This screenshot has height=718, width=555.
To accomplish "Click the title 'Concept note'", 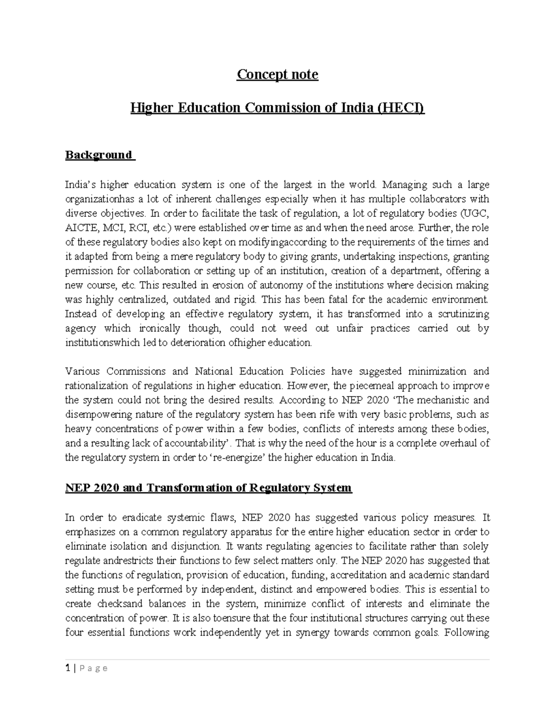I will [x=277, y=74].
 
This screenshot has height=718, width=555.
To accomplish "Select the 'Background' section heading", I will [x=99, y=155].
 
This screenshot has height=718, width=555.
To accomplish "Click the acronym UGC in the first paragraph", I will [x=475, y=214].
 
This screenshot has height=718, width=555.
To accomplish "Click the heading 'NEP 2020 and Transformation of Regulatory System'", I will [x=209, y=488].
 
